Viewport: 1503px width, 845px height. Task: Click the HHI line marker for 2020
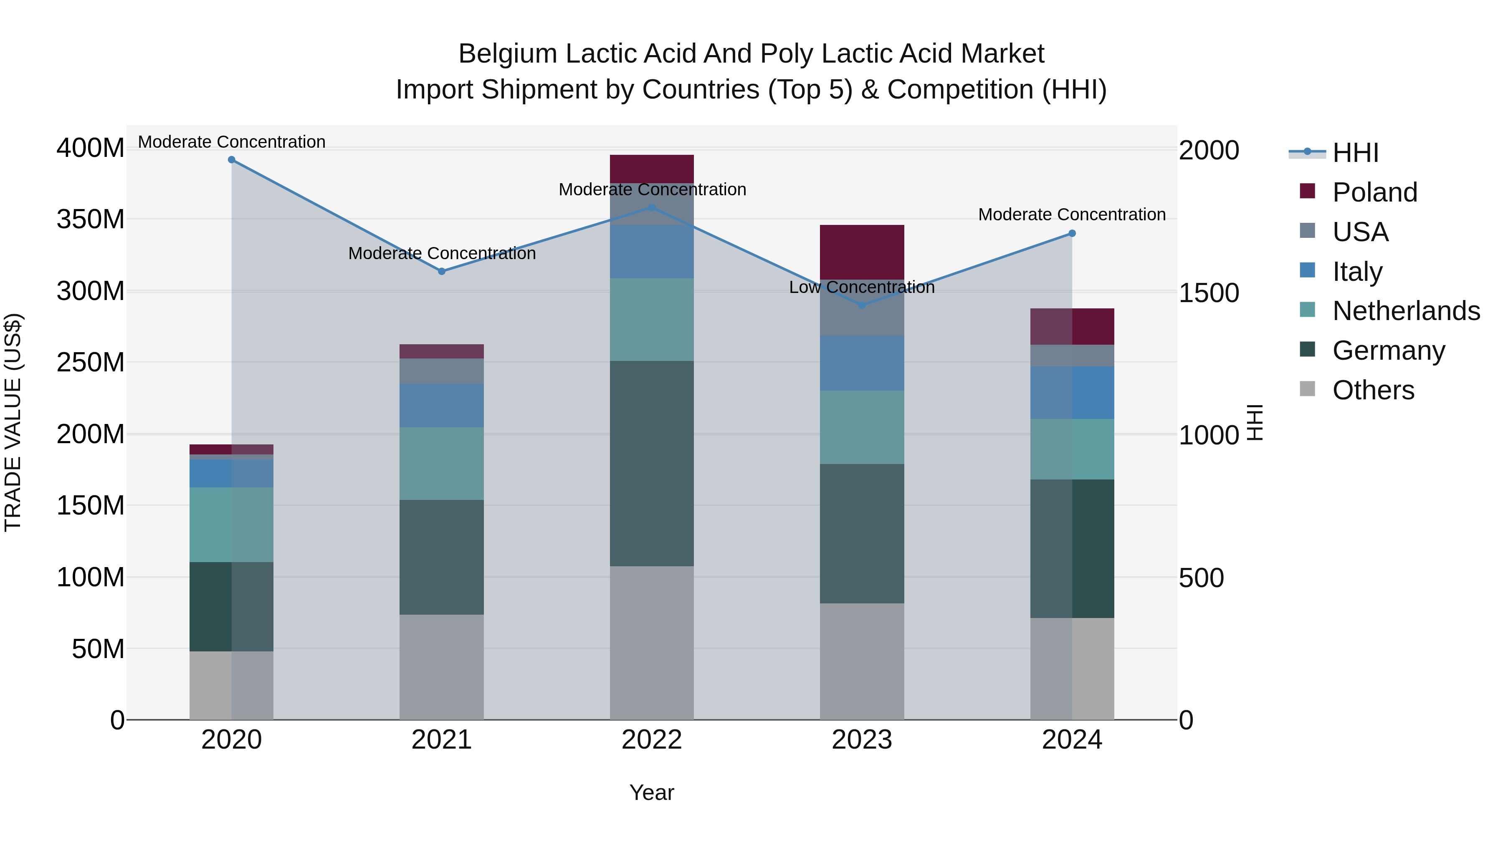click(x=232, y=160)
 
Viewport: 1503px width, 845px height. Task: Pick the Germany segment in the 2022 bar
click(x=652, y=464)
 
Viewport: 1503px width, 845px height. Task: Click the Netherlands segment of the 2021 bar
click(x=442, y=464)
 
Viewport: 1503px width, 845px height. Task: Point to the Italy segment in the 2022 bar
click(x=652, y=252)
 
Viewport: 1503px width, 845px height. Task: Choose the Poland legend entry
click(x=1375, y=192)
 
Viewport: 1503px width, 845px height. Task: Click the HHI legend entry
click(x=1355, y=153)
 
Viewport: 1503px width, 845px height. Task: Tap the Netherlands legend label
click(x=1406, y=311)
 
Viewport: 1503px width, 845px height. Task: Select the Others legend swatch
click(x=1308, y=389)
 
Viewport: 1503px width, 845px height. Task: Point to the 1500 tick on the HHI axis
click(x=1208, y=293)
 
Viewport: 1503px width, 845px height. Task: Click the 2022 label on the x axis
click(x=652, y=740)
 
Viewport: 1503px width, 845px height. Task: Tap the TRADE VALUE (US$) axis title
click(x=13, y=422)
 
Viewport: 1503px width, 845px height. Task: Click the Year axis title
click(x=652, y=792)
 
